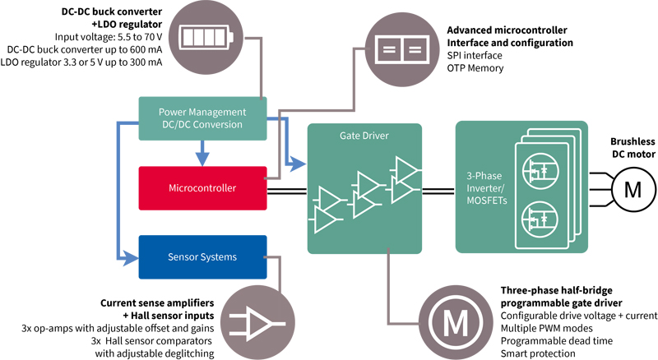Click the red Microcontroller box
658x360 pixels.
click(x=202, y=187)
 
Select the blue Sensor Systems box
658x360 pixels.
click(x=202, y=257)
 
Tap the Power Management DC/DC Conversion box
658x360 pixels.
click(x=202, y=118)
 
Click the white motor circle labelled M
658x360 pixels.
click(x=633, y=189)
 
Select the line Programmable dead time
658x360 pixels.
click(x=556, y=340)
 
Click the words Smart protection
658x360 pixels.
click(x=539, y=353)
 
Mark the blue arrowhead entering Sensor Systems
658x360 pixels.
click(x=132, y=257)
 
